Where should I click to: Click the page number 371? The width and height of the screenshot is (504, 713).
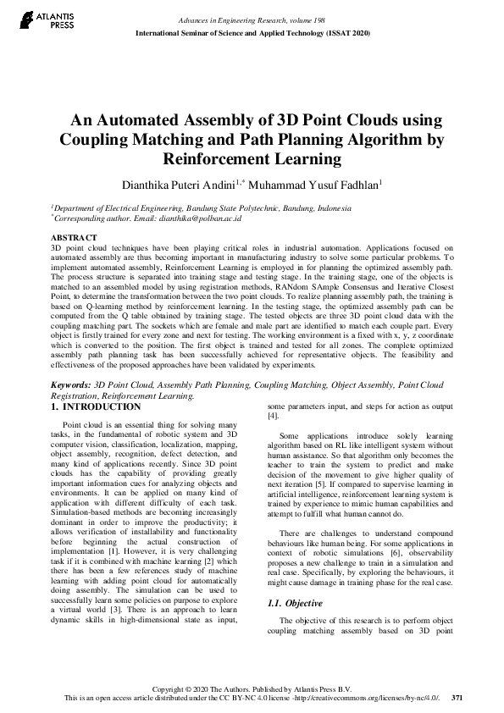pyautogui.click(x=457, y=698)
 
